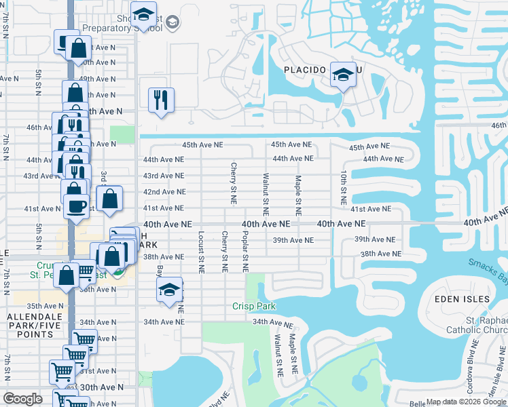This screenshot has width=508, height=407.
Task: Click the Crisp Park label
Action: [255, 306]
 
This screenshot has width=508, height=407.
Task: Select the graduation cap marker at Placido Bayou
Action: [343, 75]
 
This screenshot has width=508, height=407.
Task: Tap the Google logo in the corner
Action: [22, 399]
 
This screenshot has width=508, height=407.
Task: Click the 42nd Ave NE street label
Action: [164, 192]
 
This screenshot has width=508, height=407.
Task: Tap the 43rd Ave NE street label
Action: [164, 175]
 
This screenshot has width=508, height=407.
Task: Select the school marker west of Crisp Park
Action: [168, 290]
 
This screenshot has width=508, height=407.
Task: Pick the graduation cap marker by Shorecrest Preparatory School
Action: [143, 15]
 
